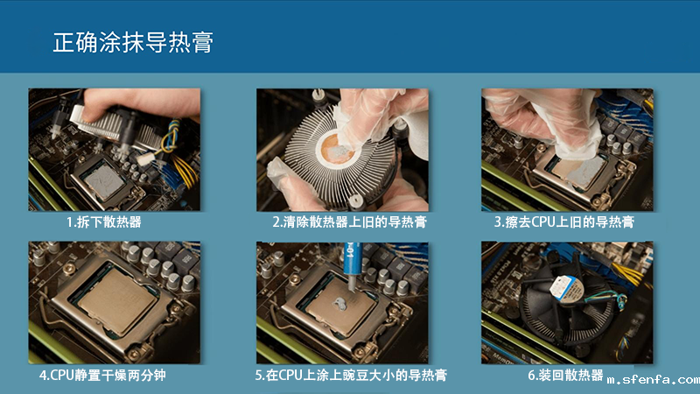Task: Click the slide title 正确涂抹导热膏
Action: (133, 42)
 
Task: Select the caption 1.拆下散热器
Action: (104, 222)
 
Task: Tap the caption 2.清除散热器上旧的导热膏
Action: (349, 222)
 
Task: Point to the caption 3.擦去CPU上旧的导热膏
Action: (563, 222)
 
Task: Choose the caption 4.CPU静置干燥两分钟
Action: (102, 375)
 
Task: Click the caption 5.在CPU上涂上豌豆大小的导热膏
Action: (351, 375)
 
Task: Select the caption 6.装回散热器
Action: (565, 375)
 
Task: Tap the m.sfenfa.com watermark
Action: (653, 380)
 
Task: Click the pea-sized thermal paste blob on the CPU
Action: (340, 304)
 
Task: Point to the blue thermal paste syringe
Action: (352, 267)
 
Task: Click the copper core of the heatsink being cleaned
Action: (338, 150)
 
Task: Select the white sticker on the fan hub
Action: (565, 289)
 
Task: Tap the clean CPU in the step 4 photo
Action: (117, 299)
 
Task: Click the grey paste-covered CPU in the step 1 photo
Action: (104, 181)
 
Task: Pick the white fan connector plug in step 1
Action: (146, 158)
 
